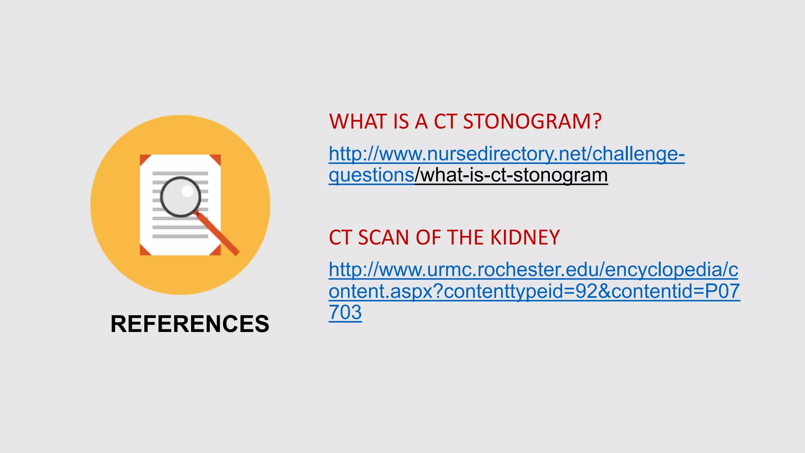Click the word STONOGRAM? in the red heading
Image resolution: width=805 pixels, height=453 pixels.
(x=532, y=122)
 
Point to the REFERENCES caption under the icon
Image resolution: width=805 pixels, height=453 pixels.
(x=190, y=324)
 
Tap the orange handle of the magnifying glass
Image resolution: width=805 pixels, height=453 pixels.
(x=219, y=235)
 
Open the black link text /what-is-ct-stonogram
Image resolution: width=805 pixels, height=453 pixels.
(x=511, y=175)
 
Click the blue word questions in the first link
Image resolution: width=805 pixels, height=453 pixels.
(x=371, y=175)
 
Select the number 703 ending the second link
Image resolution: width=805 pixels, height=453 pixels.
(x=345, y=313)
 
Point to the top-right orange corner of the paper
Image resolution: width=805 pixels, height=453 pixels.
(x=216, y=159)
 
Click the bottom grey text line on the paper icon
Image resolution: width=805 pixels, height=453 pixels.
(x=180, y=236)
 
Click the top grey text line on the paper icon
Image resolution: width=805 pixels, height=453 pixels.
(x=180, y=173)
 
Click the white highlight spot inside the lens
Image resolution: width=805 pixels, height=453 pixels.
(x=187, y=191)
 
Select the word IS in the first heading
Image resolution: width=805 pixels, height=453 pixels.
(x=401, y=122)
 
